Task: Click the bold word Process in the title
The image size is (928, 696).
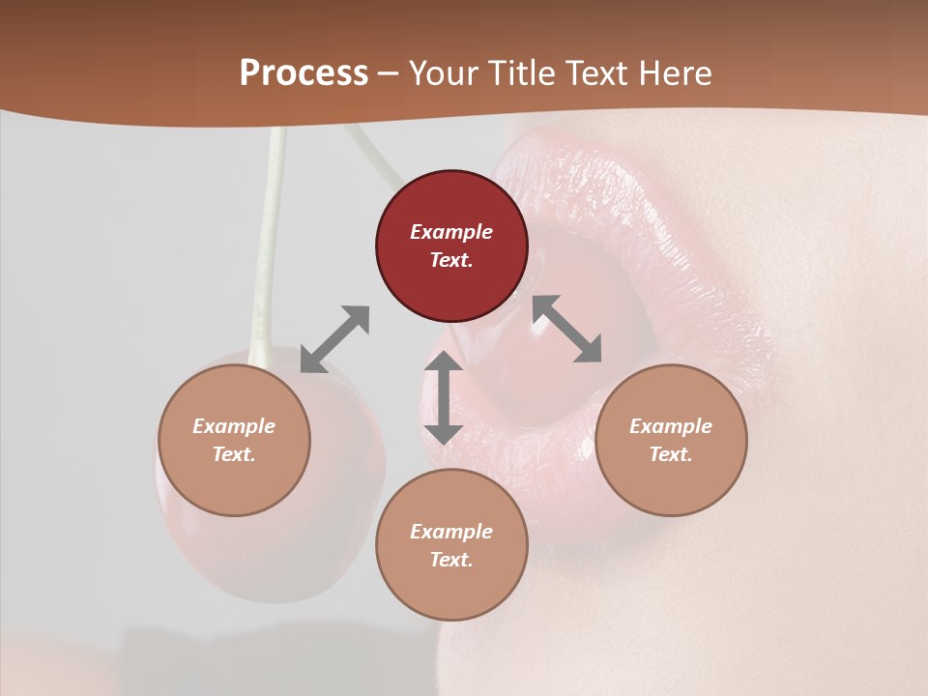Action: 304,73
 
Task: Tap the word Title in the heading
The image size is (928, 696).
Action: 524,73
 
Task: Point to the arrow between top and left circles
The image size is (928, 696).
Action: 334,339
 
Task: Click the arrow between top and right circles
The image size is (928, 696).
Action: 567,329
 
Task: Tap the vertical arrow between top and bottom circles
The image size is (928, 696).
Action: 444,397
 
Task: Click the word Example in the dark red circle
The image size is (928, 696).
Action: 451,232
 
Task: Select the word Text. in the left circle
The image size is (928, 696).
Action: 234,454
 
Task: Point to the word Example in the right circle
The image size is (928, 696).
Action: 671,426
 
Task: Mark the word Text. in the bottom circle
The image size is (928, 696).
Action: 451,560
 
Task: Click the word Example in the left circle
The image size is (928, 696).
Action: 234,426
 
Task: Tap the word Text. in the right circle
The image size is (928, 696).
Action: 671,454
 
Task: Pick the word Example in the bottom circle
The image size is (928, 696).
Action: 451,532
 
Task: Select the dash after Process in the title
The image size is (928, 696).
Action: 388,73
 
